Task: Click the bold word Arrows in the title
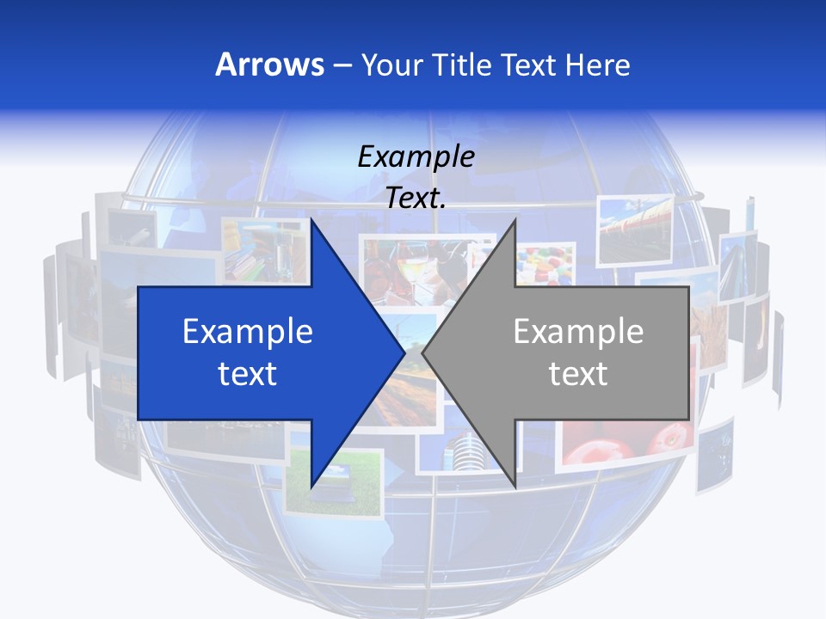pos(270,64)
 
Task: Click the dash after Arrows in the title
pos(342,65)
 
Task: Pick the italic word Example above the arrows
pos(416,157)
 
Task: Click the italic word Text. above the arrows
pos(416,199)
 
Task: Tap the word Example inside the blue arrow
pos(248,331)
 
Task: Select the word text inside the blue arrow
pos(248,373)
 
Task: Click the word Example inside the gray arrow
pos(578,331)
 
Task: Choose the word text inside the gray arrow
pos(578,373)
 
